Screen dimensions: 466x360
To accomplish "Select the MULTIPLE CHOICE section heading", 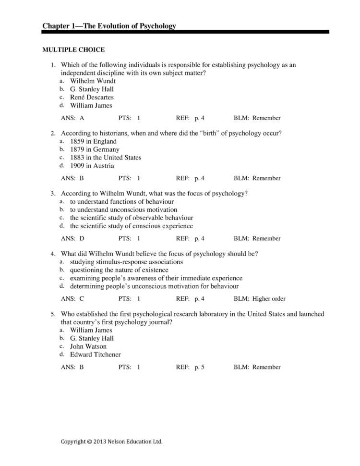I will tap(73, 49).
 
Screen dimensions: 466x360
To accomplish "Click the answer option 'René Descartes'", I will tap(92, 98).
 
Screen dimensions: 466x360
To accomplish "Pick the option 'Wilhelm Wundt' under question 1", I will tap(93, 81).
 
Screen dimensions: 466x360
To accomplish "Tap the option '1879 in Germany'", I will tap(95, 149).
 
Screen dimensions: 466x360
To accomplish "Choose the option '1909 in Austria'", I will tap(92, 166).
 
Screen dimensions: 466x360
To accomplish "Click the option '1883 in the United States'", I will tap(106, 158).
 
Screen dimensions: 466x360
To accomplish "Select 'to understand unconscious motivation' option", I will tap(123, 210).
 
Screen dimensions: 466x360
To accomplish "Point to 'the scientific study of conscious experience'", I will tap(132, 226).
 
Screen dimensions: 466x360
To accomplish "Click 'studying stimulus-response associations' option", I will tap(126, 262).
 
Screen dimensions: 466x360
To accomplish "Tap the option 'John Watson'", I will tap(88, 346).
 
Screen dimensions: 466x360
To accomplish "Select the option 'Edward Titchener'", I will tap(96, 355).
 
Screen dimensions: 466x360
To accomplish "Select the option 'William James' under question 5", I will tap(91, 330).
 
